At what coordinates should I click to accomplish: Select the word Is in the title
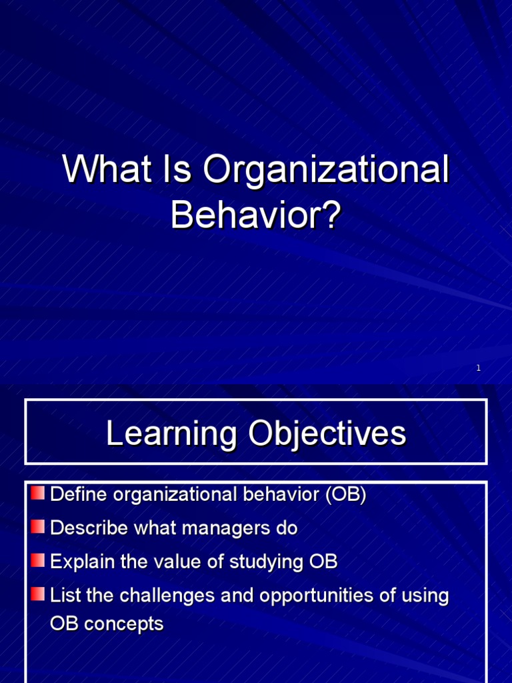(x=174, y=171)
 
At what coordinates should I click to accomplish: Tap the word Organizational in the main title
(x=326, y=171)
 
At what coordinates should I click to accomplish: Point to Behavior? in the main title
(x=256, y=215)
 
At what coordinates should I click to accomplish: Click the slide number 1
(x=479, y=368)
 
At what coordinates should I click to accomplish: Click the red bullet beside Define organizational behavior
(x=38, y=494)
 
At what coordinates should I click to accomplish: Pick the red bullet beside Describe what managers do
(x=38, y=527)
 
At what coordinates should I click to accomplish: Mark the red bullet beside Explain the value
(x=38, y=560)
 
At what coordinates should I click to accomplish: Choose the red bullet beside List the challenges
(x=38, y=594)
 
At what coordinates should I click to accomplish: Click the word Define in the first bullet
(x=79, y=495)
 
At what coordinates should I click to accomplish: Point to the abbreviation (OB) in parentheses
(x=345, y=495)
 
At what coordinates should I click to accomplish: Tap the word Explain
(x=82, y=562)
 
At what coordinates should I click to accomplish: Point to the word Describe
(x=88, y=528)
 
